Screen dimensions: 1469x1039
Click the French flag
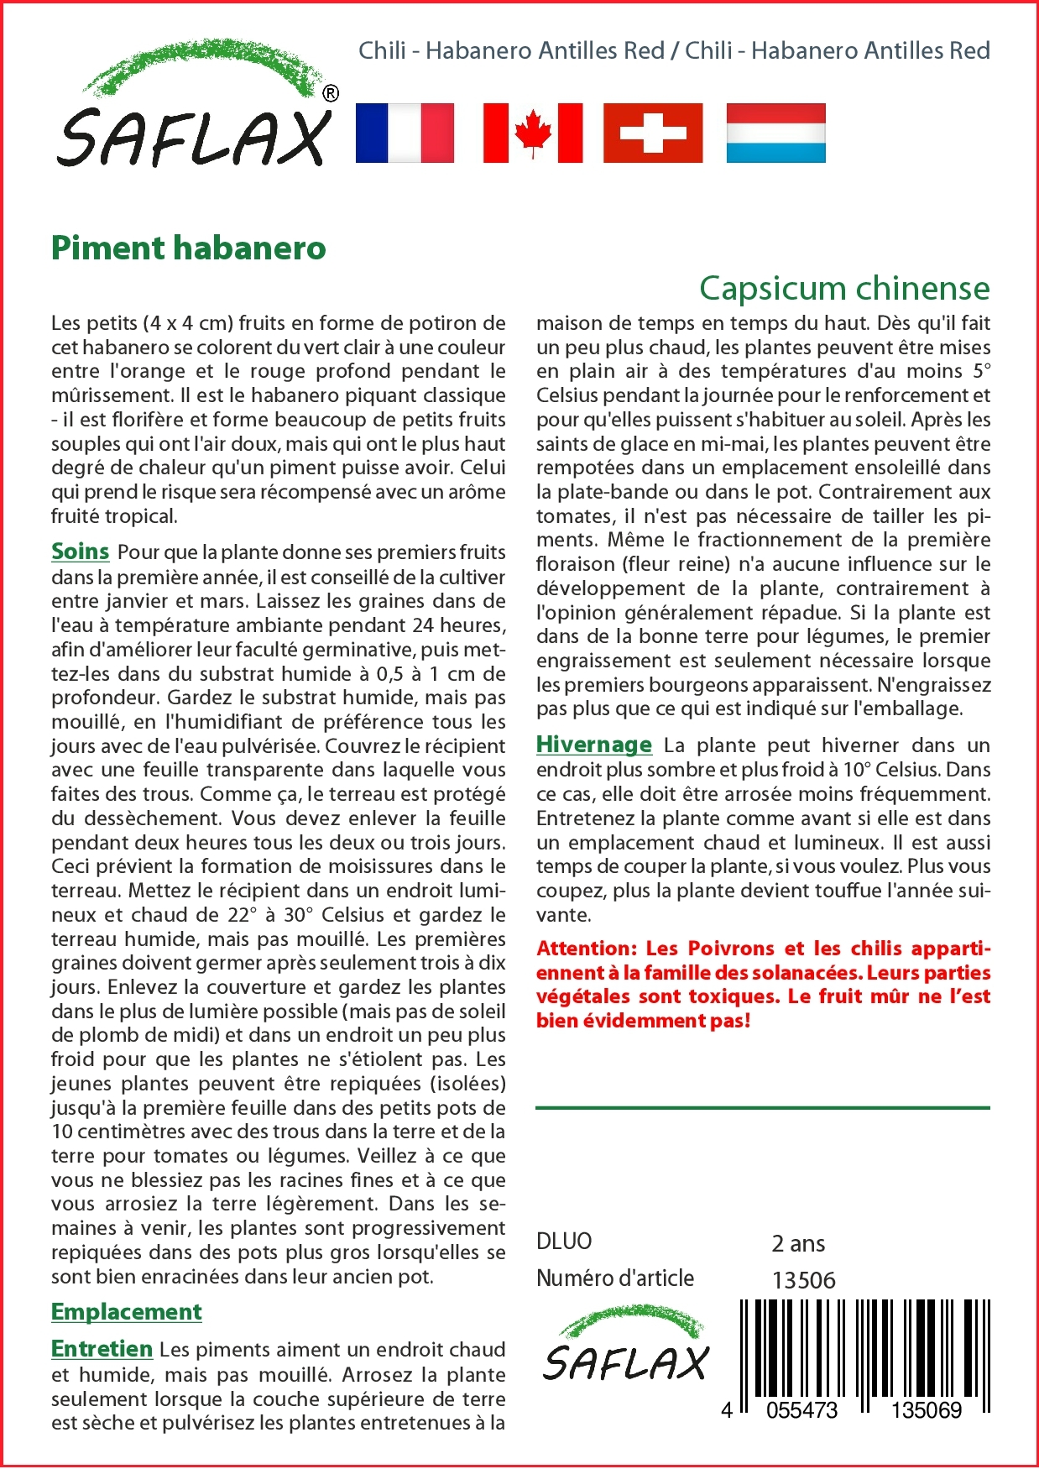tap(405, 133)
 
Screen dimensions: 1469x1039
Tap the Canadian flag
tap(533, 133)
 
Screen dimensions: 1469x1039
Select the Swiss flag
tap(653, 133)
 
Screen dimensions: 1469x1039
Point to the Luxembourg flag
tap(775, 133)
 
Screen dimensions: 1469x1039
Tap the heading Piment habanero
tap(189, 248)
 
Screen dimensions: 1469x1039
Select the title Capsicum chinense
tap(844, 288)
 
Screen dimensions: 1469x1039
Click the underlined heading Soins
tap(81, 552)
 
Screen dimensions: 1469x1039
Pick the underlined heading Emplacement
tap(127, 1312)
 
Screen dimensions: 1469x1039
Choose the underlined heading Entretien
tap(102, 1349)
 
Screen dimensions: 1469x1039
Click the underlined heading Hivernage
tap(594, 745)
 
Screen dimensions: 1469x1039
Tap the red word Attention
tap(587, 949)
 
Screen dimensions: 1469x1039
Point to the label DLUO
tap(564, 1242)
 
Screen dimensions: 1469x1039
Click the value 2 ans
tap(798, 1243)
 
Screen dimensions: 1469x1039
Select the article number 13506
tap(803, 1280)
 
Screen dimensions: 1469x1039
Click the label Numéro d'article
tap(615, 1278)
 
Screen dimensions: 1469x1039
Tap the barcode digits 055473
tap(801, 1410)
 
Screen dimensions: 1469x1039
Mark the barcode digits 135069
tap(926, 1410)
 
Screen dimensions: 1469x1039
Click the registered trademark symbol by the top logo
tap(331, 93)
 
